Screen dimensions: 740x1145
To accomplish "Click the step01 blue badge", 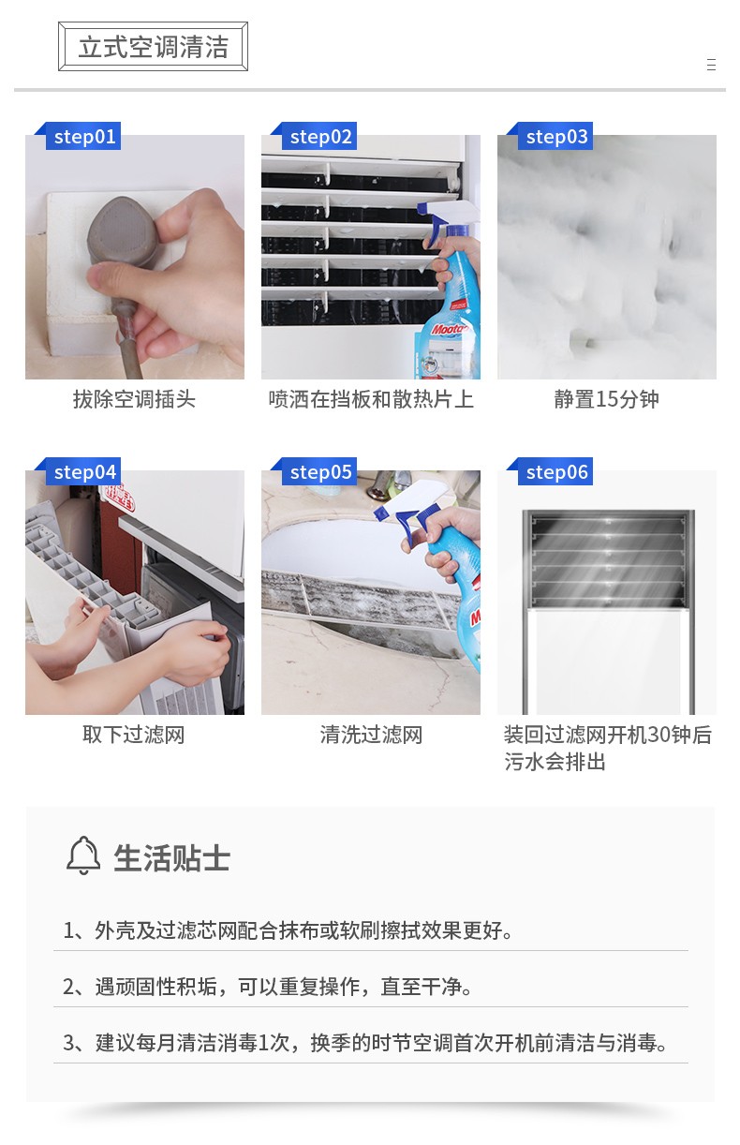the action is pos(83,136).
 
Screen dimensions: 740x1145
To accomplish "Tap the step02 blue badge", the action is pos(319,136).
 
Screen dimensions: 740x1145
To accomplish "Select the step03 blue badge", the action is pos(555,136).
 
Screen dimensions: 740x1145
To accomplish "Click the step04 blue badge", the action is pos(83,471).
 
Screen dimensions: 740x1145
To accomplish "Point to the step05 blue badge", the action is pos(319,471).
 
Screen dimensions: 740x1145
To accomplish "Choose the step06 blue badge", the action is pos(555,471).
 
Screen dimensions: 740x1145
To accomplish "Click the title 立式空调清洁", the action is pos(154,47).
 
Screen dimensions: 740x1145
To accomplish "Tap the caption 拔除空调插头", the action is pos(134,399).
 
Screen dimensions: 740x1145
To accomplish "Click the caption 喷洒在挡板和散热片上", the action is pos(371,399).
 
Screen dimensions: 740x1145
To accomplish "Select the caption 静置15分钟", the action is pos(607,399).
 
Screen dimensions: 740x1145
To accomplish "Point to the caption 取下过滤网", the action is pos(134,735).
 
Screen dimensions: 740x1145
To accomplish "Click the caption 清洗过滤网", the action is pos(371,735).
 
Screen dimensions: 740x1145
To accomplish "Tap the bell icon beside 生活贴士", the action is pos(83,855).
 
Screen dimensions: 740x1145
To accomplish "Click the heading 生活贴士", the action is pos(171,857).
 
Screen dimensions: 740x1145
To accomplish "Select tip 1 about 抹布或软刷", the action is pos(288,930).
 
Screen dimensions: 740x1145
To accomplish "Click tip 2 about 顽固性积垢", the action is pos(267,987).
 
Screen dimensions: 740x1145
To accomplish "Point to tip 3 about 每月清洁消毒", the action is pos(365,1043).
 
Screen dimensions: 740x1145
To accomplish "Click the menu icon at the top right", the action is pos(711,65).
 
